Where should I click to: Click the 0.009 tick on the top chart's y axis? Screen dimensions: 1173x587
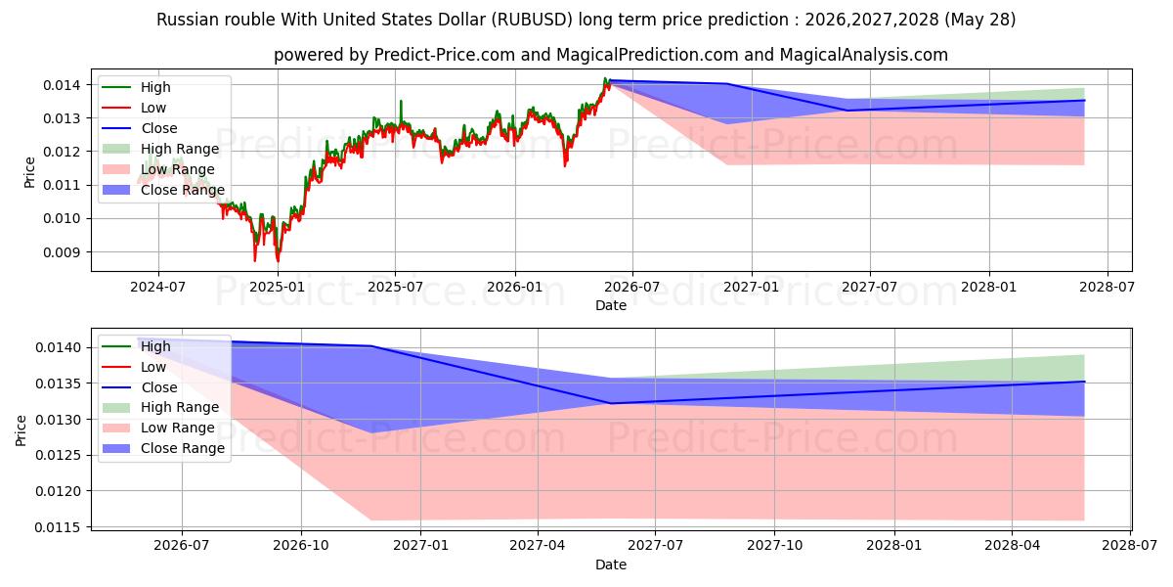pyautogui.click(x=62, y=252)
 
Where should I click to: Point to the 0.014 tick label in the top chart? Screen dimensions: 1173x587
pyautogui.click(x=62, y=85)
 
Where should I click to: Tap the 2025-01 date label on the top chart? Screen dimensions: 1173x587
pyautogui.click(x=277, y=288)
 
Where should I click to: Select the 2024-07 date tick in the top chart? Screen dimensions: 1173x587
pyautogui.click(x=158, y=288)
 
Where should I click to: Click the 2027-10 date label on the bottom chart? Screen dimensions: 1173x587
pyautogui.click(x=774, y=546)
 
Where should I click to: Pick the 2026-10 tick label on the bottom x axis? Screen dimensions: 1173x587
pyautogui.click(x=301, y=546)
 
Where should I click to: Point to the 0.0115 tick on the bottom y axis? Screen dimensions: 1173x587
pyautogui.click(x=58, y=527)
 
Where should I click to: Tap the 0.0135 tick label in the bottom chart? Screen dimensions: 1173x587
pyautogui.click(x=58, y=384)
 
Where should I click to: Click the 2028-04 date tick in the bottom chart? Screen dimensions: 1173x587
pyautogui.click(x=1013, y=546)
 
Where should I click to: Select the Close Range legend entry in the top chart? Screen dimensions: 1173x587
pyautogui.click(x=163, y=190)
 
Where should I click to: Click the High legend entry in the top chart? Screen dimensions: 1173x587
pyautogui.click(x=136, y=87)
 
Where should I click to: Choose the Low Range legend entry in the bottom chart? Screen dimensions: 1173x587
pyautogui.click(x=158, y=429)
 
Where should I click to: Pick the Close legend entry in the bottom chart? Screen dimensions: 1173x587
pyautogui.click(x=139, y=387)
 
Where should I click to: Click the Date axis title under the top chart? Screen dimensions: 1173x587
pyautogui.click(x=611, y=305)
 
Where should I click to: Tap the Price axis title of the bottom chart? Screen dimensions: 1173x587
pyautogui.click(x=21, y=430)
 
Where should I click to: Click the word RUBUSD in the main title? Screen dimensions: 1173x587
pyautogui.click(x=533, y=20)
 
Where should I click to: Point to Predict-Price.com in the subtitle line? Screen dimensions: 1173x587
pyautogui.click(x=445, y=55)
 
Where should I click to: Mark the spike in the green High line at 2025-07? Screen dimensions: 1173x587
pyautogui.click(x=401, y=101)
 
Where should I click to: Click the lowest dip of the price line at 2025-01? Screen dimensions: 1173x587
pyautogui.click(x=278, y=260)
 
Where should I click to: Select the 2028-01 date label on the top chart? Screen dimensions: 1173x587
pyautogui.click(x=988, y=288)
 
